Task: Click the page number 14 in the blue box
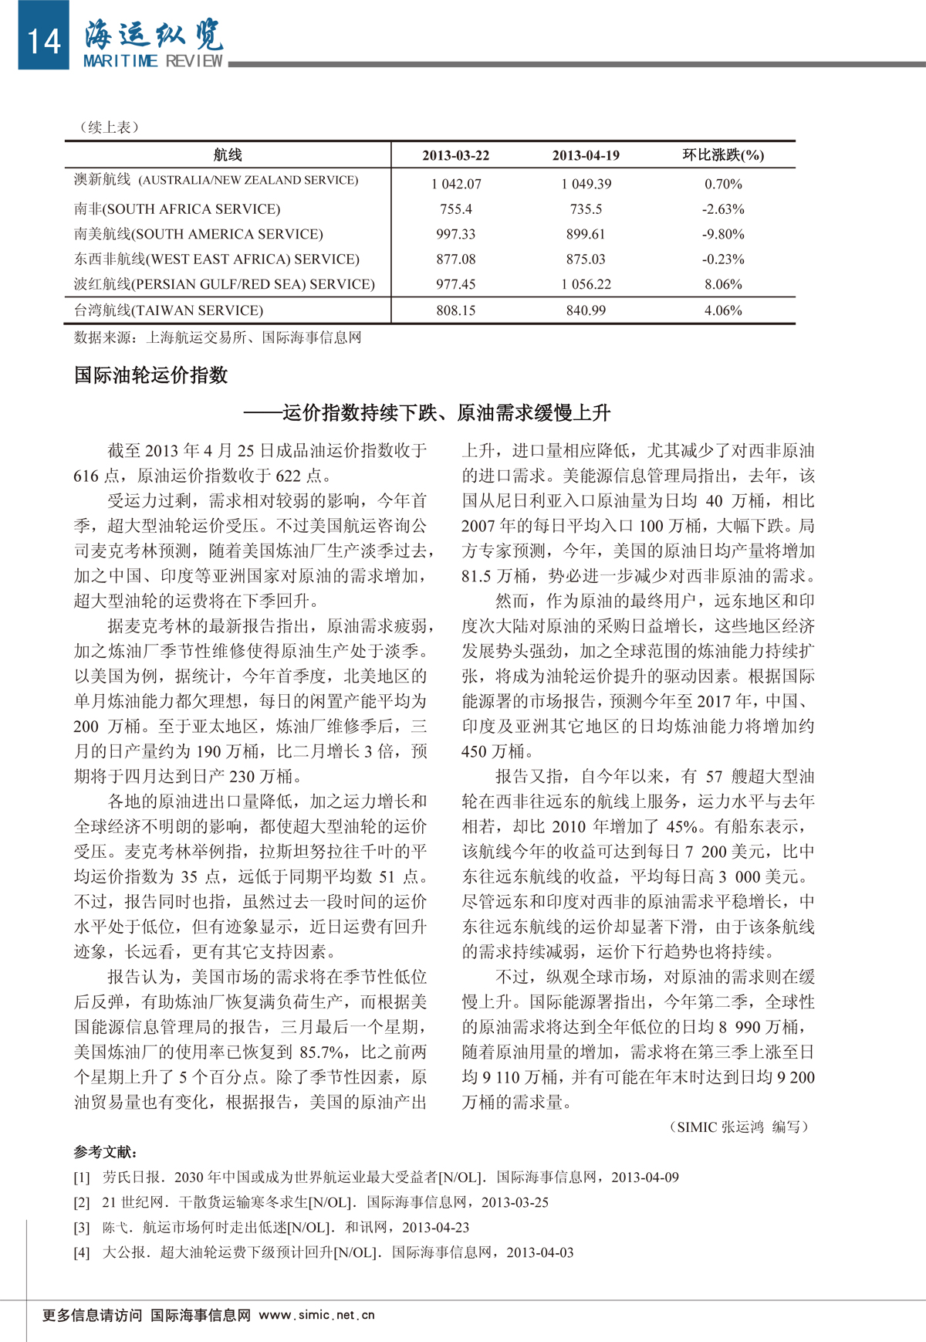tap(44, 40)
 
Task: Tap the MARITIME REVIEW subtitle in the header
tap(153, 61)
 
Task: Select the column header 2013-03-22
tap(455, 155)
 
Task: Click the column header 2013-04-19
tap(586, 155)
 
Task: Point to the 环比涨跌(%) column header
tap(723, 155)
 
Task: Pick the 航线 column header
tap(228, 155)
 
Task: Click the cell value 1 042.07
tap(456, 184)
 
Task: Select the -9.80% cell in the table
tap(723, 234)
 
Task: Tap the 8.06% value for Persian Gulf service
tap(723, 284)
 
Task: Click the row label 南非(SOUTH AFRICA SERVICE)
tap(177, 209)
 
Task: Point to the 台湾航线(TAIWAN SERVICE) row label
tap(168, 310)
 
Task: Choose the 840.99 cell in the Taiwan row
tap(586, 310)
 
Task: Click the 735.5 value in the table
tap(586, 209)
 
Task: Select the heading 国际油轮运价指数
tap(151, 375)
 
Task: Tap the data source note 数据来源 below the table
tap(218, 337)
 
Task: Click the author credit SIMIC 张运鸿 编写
tap(738, 1127)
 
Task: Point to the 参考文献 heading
tap(106, 1152)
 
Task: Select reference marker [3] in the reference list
tap(82, 1227)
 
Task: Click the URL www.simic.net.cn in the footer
tap(316, 1315)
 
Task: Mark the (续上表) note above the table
tap(109, 127)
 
